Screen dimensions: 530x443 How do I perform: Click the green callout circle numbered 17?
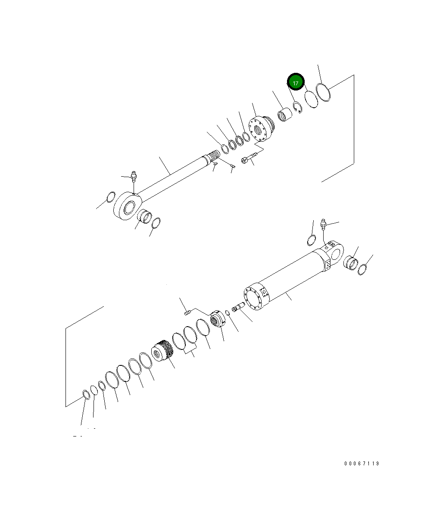tap(296, 82)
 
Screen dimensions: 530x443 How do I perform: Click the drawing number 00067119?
tap(362, 464)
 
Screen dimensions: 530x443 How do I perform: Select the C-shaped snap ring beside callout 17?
tap(297, 107)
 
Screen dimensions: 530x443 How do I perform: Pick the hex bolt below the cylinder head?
tap(249, 157)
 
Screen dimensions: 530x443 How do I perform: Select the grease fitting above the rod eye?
tap(133, 176)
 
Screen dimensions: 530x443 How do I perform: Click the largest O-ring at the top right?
tap(324, 93)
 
